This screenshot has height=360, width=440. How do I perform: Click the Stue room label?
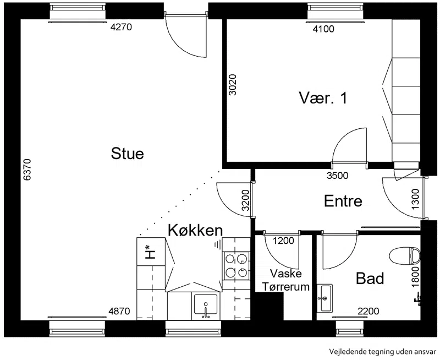128,154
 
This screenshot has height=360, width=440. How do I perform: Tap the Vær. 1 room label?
323,98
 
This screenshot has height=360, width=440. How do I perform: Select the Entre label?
343,201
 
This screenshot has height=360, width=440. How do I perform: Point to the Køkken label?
195,230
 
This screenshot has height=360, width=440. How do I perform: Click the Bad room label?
370,279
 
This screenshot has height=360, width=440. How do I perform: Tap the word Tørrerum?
285,287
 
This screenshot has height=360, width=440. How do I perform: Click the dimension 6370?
27,170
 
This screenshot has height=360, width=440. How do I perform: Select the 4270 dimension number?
121,27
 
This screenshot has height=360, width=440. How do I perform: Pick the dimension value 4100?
323,29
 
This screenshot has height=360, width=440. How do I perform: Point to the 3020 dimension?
233,85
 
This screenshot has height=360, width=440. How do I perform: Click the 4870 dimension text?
119,311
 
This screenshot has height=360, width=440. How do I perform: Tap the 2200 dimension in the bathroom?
368,311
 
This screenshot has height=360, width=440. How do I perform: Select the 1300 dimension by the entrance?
415,199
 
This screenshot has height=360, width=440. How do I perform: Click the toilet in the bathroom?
405,255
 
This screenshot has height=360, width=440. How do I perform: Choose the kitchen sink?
206,306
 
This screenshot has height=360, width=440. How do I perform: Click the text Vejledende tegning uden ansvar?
383,352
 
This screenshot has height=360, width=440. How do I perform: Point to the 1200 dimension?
283,241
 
